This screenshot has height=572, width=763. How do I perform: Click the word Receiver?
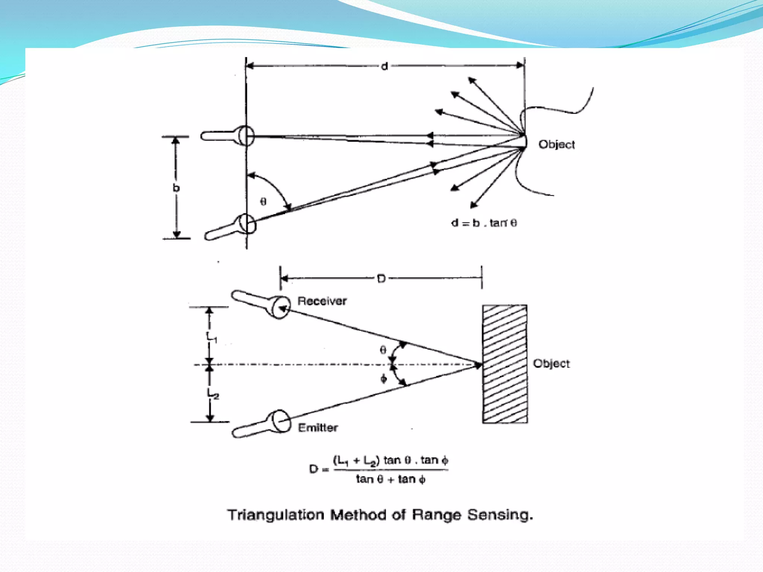point(322,301)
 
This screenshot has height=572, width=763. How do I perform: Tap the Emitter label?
point(318,428)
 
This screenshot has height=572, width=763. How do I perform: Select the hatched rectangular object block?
point(505,364)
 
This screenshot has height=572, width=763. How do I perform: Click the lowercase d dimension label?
point(384,66)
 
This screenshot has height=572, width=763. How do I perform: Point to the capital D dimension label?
point(381,279)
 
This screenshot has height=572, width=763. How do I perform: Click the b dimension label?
point(176,188)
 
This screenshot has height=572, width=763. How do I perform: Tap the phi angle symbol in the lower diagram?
point(384,379)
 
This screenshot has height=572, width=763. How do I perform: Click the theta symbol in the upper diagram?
point(263,202)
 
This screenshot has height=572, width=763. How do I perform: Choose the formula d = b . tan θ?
point(484,223)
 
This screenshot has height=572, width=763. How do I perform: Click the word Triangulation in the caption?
point(276,515)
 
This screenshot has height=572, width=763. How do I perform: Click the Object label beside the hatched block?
point(551,363)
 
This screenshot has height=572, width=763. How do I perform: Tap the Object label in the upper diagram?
point(557,144)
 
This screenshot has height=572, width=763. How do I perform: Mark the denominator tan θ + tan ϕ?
point(390,479)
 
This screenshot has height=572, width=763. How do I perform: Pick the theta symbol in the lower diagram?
point(383,350)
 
